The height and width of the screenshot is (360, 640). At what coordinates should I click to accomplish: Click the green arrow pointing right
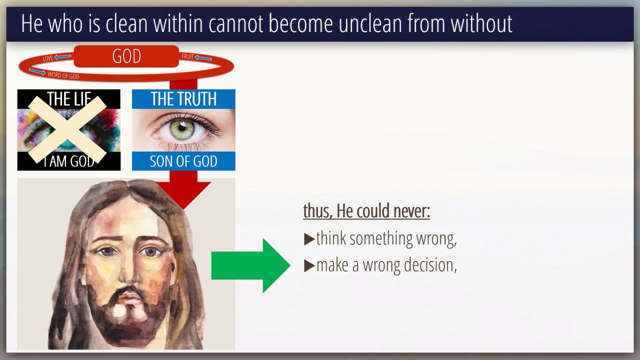[x=251, y=265]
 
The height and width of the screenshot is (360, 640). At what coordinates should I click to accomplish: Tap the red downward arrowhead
[x=183, y=194]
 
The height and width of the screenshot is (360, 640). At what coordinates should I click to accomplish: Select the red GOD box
[x=126, y=56]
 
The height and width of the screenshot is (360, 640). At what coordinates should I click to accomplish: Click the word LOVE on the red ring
[x=47, y=58]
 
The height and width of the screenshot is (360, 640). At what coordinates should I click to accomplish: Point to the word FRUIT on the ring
[x=187, y=56]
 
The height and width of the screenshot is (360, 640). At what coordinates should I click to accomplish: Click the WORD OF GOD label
[x=63, y=75]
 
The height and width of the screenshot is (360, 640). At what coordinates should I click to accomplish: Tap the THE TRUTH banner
[x=183, y=99]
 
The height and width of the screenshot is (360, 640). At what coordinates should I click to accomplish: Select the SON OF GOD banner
[x=183, y=161]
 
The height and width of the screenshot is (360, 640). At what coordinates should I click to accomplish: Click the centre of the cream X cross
[x=67, y=129]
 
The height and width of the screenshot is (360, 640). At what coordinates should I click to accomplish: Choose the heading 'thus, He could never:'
[x=366, y=211]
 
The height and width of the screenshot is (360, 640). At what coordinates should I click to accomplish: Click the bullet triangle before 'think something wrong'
[x=309, y=239]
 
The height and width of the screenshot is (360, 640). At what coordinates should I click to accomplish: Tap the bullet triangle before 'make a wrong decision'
[x=309, y=265]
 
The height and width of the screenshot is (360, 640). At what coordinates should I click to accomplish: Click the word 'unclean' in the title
[x=370, y=23]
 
